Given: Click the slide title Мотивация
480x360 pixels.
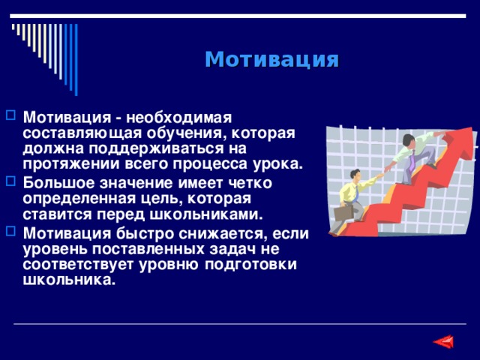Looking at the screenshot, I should point(271,59).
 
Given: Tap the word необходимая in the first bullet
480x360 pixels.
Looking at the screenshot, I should point(179,118).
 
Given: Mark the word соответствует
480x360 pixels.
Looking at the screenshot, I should point(77,265).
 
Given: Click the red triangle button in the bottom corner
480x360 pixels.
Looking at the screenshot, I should point(443,342).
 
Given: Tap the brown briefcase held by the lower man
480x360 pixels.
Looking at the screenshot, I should point(343,212).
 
